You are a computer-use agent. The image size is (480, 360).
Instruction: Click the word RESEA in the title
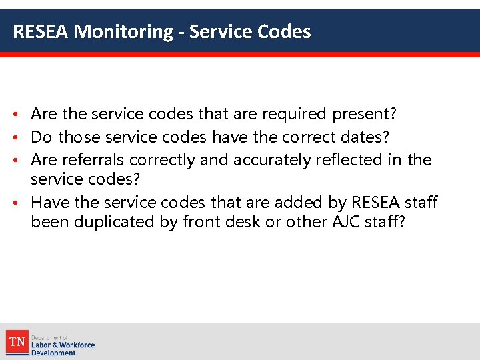click(41, 31)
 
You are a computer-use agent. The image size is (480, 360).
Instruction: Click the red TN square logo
click(17, 343)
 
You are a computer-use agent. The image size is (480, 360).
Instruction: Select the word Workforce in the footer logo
click(77, 345)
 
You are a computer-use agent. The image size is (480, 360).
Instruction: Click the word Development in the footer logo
click(53, 353)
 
